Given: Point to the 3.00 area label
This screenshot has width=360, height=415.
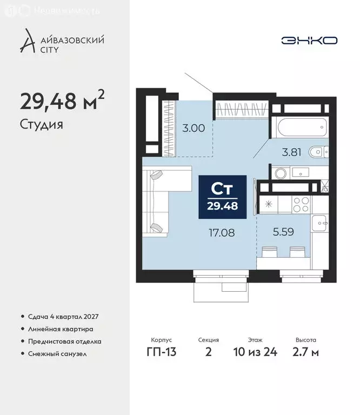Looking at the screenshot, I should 194,128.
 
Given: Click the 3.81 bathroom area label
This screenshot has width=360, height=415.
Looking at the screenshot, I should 292,152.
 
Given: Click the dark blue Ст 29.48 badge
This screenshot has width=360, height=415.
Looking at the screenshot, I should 223,197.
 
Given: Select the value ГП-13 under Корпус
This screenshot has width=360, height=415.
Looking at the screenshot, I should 161,353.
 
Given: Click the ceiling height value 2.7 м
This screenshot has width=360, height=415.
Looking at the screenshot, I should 306,353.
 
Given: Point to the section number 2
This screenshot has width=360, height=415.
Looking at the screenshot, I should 209,353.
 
